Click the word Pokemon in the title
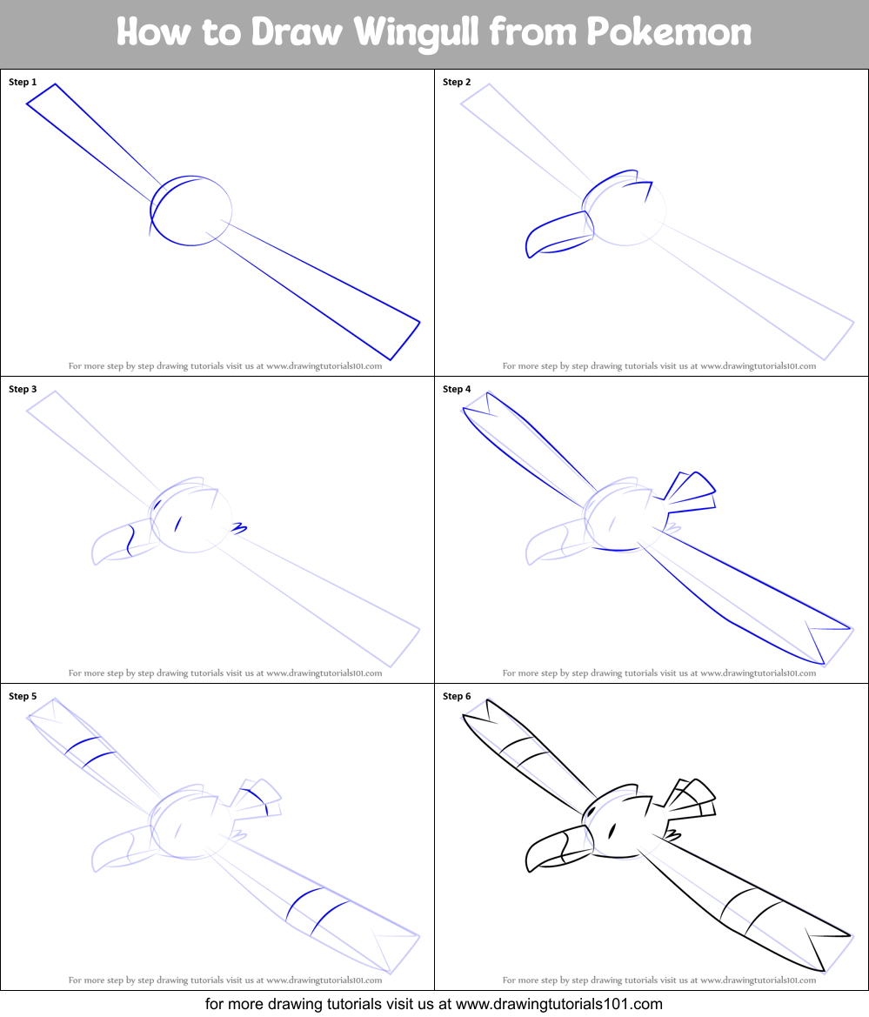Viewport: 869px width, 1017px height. point(669,33)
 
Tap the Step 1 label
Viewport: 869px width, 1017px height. point(23,82)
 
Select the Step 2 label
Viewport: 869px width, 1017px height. point(457,82)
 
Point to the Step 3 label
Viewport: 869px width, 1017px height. point(23,389)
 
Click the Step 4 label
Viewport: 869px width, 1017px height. point(457,389)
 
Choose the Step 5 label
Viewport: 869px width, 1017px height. point(23,696)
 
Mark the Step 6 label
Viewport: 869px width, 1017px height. point(457,696)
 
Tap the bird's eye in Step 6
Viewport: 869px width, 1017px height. point(612,830)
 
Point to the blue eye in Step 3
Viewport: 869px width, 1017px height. point(177,523)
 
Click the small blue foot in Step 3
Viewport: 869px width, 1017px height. point(239,527)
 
